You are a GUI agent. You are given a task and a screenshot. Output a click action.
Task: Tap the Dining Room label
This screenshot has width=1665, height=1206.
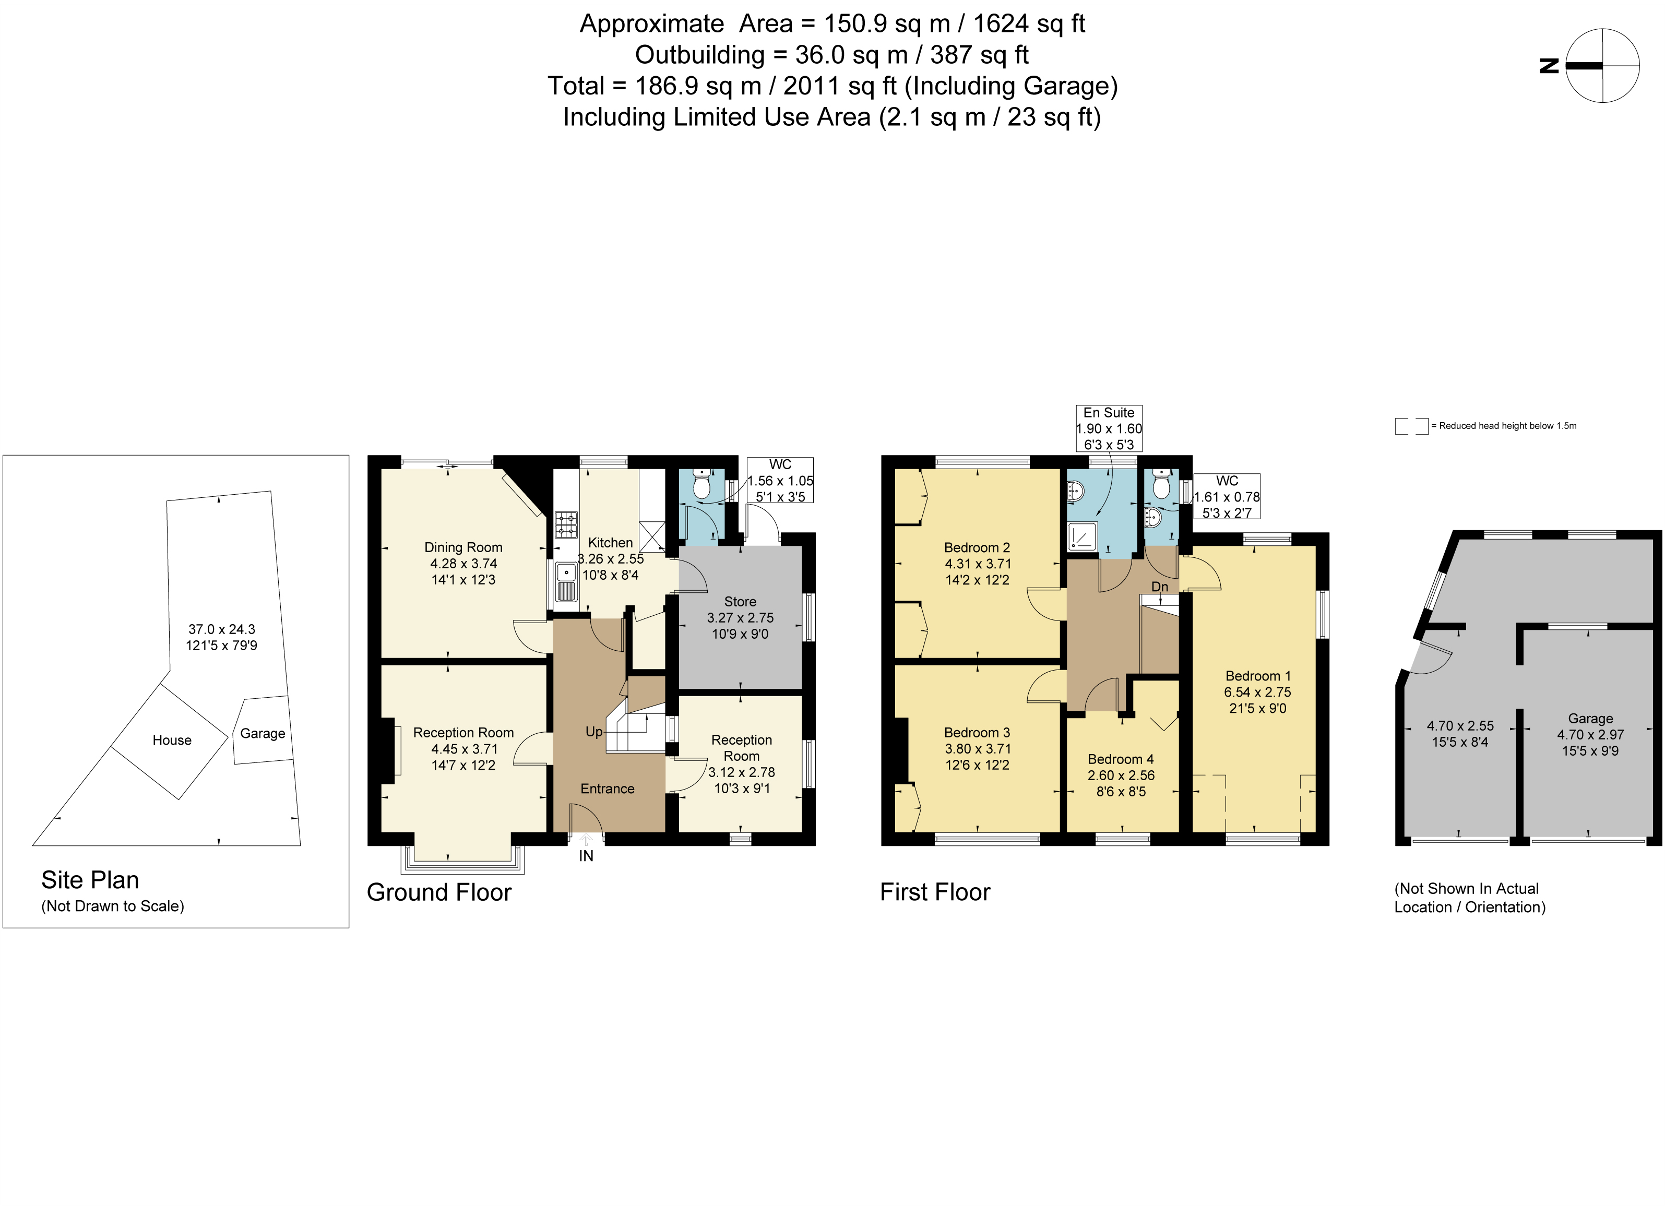[x=463, y=547]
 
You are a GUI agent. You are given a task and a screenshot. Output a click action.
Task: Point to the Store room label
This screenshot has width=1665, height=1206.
[x=740, y=601]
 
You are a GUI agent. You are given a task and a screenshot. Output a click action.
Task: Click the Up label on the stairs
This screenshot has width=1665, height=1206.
[x=593, y=731]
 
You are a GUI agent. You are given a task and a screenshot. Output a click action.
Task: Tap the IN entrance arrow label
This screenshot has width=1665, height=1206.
[x=586, y=856]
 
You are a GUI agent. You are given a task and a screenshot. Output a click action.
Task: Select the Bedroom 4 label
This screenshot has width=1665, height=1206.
[x=1120, y=759]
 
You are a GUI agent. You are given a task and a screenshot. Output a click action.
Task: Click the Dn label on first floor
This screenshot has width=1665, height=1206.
[x=1159, y=587]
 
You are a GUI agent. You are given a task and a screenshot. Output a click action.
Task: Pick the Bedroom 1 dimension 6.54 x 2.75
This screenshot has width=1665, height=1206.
[x=1257, y=692]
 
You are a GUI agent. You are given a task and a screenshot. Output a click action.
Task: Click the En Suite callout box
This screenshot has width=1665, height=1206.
[x=1109, y=428]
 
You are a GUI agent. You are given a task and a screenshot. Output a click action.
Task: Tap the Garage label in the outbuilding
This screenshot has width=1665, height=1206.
[x=1590, y=718]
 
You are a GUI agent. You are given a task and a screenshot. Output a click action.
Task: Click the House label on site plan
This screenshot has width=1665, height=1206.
[x=172, y=740]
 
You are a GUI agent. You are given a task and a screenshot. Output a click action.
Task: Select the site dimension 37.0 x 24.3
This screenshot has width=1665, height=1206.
[x=222, y=629]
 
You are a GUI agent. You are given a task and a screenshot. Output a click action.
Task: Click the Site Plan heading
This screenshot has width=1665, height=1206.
[x=90, y=879]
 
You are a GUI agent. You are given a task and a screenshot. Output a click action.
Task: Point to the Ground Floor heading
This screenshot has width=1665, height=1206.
[x=439, y=892]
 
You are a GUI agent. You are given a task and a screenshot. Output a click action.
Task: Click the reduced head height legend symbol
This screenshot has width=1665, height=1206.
[x=1411, y=426]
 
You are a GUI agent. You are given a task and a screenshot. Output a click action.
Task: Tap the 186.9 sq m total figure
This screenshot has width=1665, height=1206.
[x=697, y=86]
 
